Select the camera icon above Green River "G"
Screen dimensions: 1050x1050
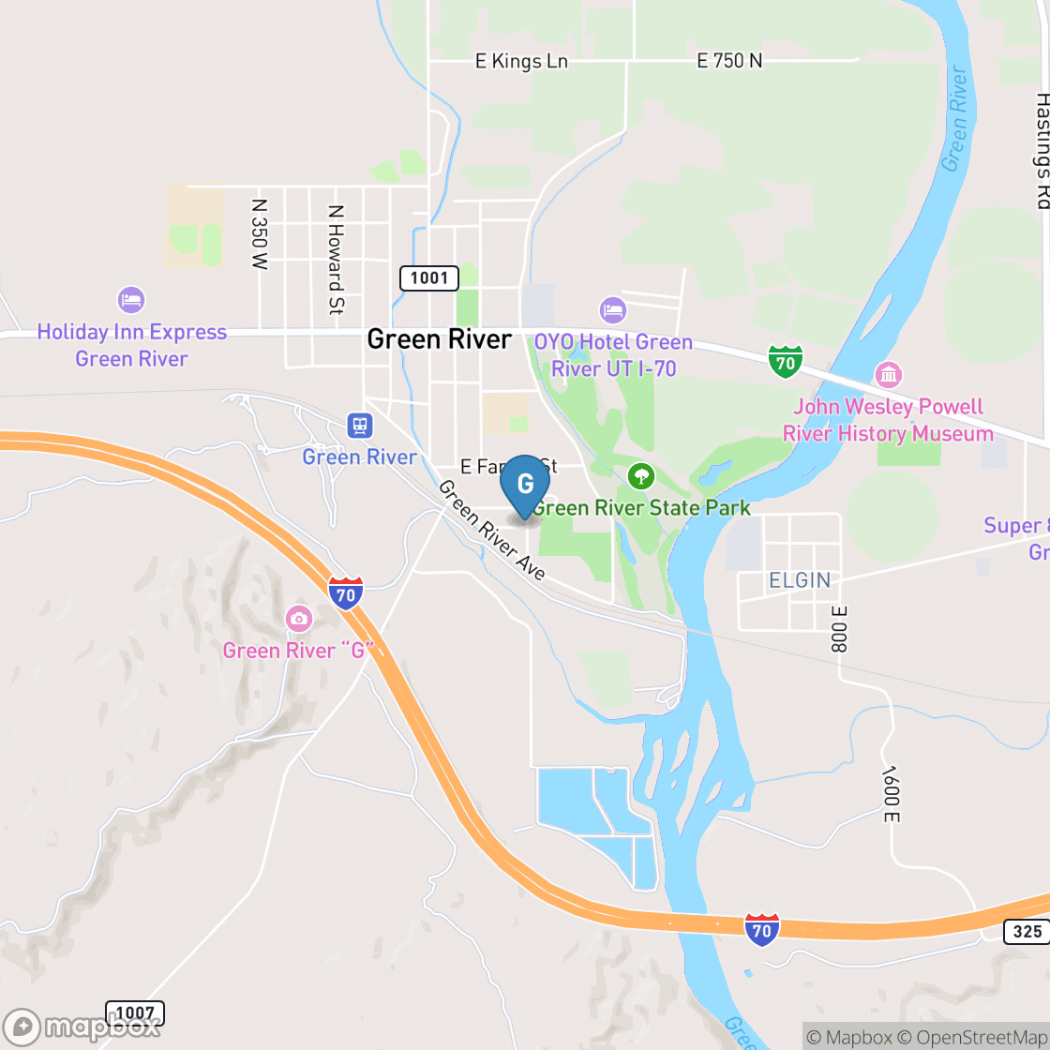click(299, 619)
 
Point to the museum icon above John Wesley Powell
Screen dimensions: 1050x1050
click(888, 376)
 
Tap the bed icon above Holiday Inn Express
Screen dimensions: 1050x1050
click(131, 300)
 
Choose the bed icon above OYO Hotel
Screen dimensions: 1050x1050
click(612, 308)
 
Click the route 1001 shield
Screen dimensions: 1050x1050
click(429, 277)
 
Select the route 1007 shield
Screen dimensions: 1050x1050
click(135, 1012)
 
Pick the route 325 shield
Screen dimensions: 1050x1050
click(1028, 931)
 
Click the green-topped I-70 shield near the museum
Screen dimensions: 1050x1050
click(785, 361)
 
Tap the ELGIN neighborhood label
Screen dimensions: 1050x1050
click(800, 580)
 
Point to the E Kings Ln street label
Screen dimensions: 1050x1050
click(521, 62)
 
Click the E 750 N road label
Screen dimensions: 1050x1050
click(729, 61)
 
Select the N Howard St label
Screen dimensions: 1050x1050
click(336, 260)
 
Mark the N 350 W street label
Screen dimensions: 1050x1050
click(260, 234)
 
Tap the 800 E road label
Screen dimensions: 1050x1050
click(838, 628)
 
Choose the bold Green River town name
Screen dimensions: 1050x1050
click(440, 338)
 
